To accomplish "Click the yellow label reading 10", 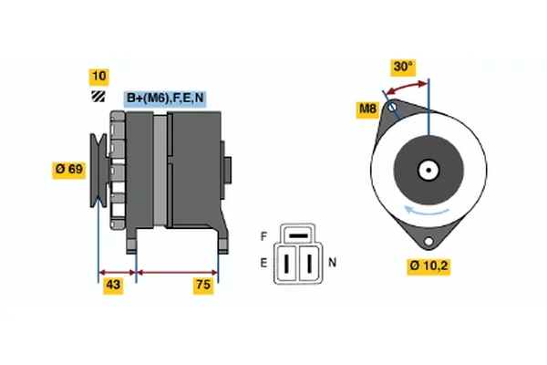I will pos(98,76).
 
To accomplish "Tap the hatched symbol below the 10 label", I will pos(98,98).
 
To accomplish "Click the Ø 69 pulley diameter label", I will pos(71,169).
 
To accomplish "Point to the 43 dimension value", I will pos(115,287).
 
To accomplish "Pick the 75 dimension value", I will pos(203,287).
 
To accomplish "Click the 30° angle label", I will pos(402,67).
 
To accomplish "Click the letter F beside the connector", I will pos(263,236).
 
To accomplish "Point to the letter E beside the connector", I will pos(263,264).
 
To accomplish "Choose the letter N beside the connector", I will pos(332,263).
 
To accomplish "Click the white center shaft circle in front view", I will pos(428,170).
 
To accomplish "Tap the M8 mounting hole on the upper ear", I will pos(393,112).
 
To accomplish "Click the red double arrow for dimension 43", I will pos(117,272).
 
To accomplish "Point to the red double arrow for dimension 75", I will pos(177,272).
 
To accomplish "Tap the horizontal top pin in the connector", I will pos(296,237).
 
